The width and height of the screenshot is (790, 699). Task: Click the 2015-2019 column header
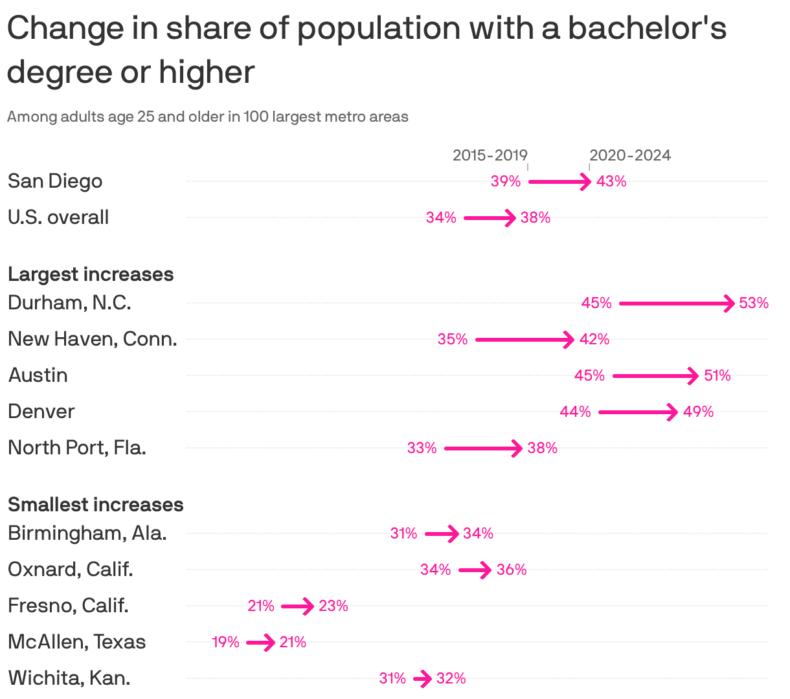(490, 155)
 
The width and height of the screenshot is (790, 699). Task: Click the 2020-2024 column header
(630, 155)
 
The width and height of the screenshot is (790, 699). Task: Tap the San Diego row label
(55, 181)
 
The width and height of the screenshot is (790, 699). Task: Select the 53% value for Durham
(754, 303)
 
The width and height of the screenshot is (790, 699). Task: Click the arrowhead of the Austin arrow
(694, 375)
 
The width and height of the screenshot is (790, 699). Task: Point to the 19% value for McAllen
(225, 642)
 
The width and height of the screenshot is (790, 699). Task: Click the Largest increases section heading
(91, 274)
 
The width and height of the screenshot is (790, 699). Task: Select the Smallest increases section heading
(96, 505)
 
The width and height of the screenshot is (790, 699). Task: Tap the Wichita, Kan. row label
(69, 678)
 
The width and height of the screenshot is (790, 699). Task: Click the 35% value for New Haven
(452, 339)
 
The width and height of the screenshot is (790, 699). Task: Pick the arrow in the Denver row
(638, 412)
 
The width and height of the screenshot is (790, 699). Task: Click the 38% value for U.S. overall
(536, 217)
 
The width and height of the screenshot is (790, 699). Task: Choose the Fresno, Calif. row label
(68, 606)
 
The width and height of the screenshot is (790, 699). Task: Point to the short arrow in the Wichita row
(422, 679)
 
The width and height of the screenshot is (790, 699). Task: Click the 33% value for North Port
(422, 448)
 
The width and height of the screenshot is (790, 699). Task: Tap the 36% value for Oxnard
(512, 570)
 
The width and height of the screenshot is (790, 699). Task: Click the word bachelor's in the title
(647, 28)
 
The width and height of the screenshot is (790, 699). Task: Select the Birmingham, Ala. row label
(87, 533)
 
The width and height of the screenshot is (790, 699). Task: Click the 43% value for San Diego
(611, 181)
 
